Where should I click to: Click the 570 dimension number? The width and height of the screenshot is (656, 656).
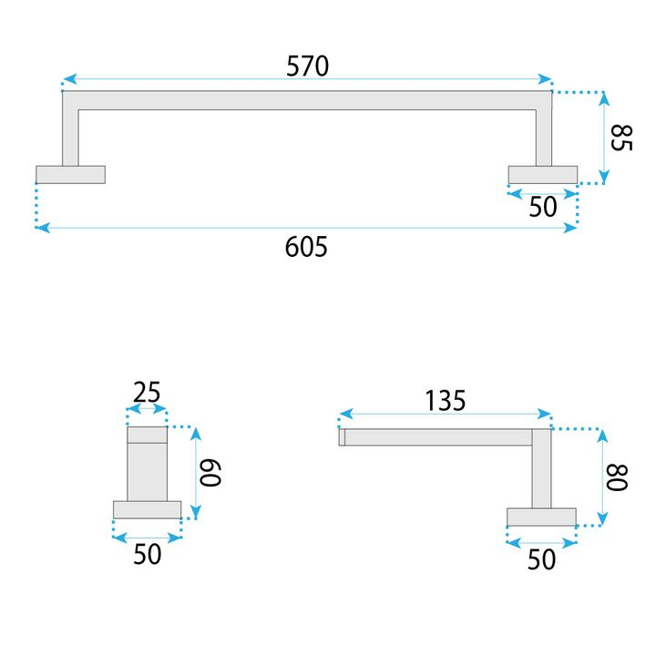click(x=307, y=66)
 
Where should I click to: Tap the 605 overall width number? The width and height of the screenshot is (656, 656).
click(x=306, y=246)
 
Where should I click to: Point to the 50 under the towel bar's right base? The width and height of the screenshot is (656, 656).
click(x=542, y=207)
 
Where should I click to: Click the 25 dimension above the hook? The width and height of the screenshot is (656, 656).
click(x=147, y=393)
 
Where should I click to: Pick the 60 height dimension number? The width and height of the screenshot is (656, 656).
click(x=210, y=473)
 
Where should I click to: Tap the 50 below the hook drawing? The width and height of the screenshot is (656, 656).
click(x=147, y=553)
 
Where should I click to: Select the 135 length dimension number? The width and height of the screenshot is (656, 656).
click(x=445, y=399)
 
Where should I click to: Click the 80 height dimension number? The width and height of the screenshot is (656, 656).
click(x=619, y=477)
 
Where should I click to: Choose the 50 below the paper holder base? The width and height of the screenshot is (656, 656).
click(x=541, y=559)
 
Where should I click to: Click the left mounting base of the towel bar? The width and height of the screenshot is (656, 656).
click(x=71, y=174)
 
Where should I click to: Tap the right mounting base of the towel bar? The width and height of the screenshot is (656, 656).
click(x=542, y=174)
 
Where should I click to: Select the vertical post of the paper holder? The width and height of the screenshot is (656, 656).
click(x=541, y=469)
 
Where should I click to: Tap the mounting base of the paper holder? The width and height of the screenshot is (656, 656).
click(x=541, y=518)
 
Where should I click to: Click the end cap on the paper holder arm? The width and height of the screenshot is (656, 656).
click(x=342, y=437)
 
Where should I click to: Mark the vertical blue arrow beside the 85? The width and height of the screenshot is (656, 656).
click(x=602, y=138)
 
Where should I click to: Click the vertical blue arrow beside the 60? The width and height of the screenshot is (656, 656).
click(x=193, y=473)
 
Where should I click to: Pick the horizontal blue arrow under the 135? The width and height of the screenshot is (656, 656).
click(x=445, y=415)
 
